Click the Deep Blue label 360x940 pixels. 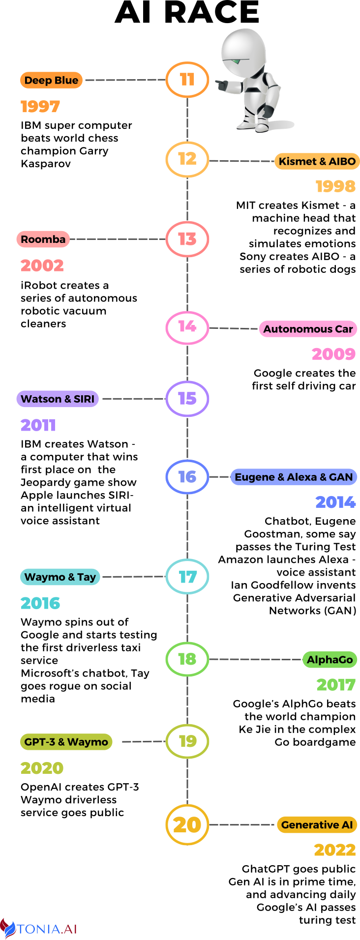pos(51,80)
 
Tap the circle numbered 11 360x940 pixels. pos(187,80)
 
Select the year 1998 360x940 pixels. pos(335,186)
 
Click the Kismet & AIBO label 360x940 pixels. pos(317,161)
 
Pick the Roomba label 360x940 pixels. pos(43,239)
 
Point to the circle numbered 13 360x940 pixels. pos(187,239)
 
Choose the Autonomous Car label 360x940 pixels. pos(308,329)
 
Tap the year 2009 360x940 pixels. pos(333,354)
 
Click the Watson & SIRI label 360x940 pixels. pos(58,399)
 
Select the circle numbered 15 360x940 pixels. pos(187,398)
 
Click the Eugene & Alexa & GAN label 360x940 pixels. pos(294,477)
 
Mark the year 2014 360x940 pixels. pos(335,502)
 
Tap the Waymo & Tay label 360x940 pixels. pos(60,577)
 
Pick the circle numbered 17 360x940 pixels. pos(187,576)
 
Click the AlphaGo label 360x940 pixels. pos(330,660)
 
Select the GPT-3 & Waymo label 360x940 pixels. pos(66,742)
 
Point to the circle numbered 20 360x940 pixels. pos(187,825)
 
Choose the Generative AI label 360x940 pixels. pos(317,825)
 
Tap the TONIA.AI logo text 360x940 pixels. pos(47,929)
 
